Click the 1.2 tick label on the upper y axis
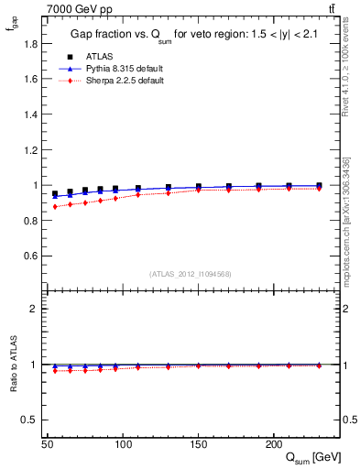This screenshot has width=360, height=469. coord(31,149)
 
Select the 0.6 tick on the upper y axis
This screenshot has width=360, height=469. coord(31,256)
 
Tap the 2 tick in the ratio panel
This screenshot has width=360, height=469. coord(36,309)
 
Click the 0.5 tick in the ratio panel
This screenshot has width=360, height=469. coord(31,420)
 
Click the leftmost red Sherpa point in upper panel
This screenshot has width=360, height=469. coord(55,207)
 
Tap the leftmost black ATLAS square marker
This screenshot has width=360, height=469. coord(55,194)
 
